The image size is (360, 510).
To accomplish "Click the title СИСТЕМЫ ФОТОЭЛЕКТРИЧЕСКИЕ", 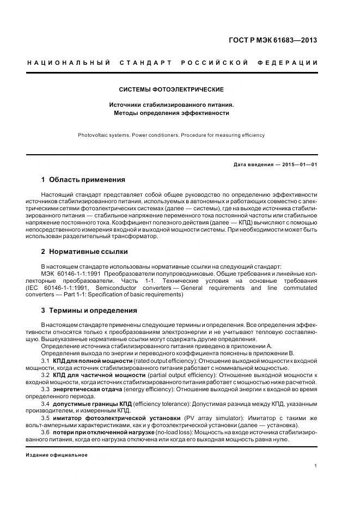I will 171,89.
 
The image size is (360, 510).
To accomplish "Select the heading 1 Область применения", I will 83,179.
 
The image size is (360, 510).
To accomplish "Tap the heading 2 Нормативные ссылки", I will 84,252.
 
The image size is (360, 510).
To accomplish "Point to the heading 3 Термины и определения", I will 89,311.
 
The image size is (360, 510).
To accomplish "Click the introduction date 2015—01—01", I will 298,164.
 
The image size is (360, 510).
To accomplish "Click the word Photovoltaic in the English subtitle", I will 93,135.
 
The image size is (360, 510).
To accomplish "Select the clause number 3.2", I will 46,375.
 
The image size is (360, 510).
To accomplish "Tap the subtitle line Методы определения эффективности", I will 171,113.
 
